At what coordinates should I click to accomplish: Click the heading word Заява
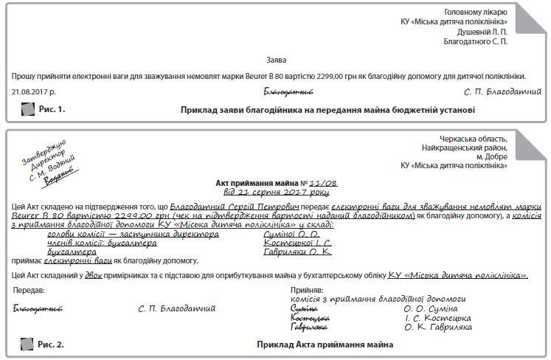point(274,59)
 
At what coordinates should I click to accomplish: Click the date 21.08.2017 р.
point(34,92)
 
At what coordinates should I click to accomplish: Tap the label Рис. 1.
point(52,109)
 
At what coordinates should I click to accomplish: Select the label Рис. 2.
point(52,345)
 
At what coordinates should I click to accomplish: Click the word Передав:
point(29,291)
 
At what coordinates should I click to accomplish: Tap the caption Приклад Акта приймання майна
point(325,345)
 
